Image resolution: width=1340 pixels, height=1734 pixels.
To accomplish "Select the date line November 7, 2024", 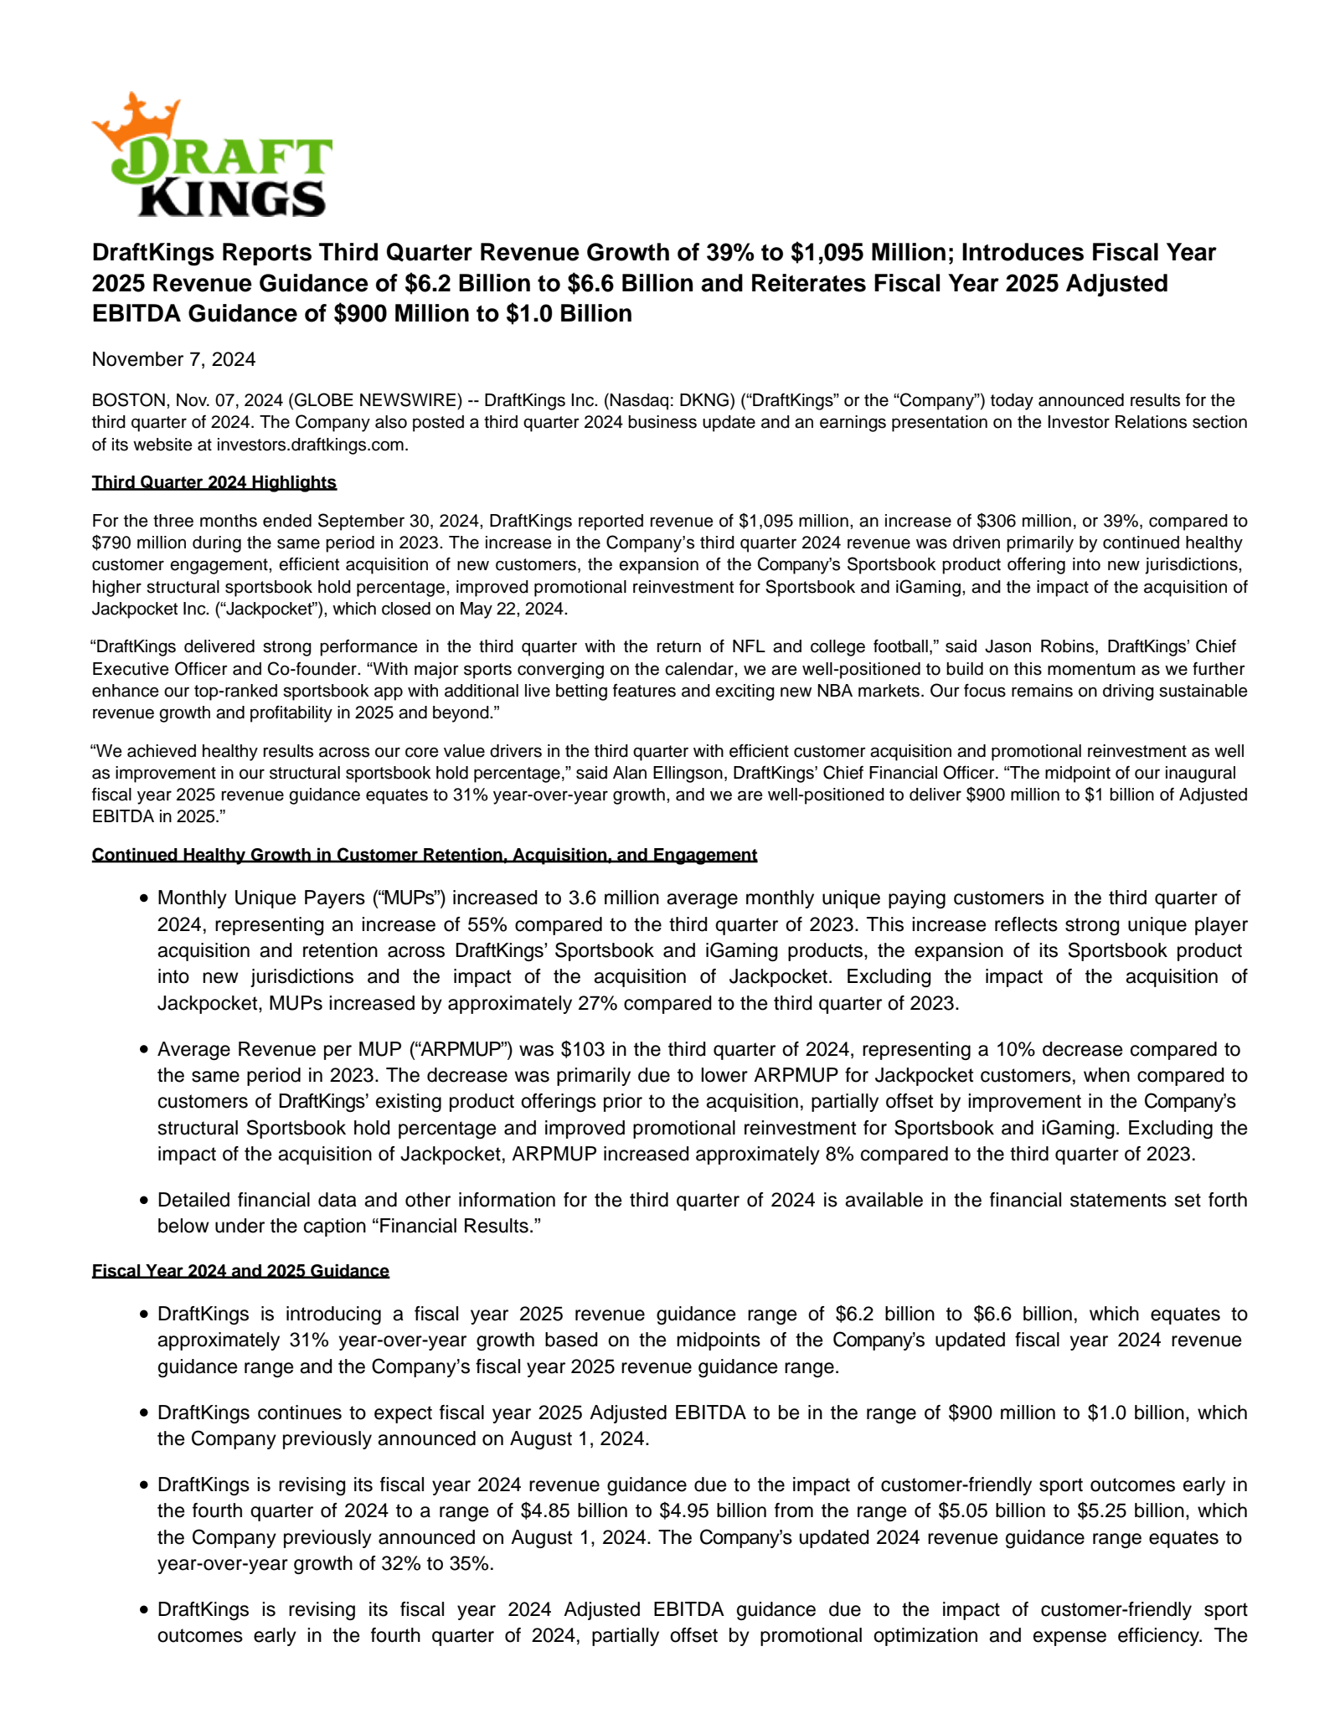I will pos(173,359).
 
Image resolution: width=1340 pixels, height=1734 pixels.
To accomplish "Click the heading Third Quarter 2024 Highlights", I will pos(214,482).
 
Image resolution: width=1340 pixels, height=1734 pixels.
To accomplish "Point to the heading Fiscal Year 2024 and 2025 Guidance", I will pos(240,1271).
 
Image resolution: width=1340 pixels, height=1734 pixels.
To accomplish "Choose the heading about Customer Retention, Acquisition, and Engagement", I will pos(424,855).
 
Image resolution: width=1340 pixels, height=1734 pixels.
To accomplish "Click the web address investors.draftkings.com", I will pos(312,445).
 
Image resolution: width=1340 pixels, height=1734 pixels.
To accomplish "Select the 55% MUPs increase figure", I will pos(481,924).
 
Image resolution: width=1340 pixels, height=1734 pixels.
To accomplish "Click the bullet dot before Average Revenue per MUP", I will pos(144,1050).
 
